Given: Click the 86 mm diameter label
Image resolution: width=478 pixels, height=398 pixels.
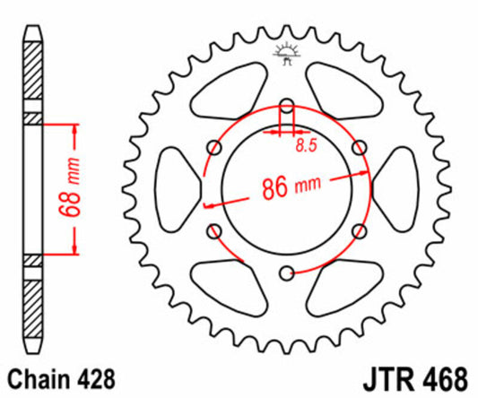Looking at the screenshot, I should (287, 188).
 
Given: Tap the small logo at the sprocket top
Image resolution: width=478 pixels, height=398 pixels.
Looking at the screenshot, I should (287, 53).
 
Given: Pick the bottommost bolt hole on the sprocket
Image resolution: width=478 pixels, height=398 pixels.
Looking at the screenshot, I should (286, 273).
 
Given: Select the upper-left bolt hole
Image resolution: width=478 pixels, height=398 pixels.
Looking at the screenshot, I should (213, 145).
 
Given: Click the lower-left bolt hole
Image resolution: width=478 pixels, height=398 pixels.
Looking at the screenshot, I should (213, 231).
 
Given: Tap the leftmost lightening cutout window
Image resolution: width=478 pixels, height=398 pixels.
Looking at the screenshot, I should (179, 188).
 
